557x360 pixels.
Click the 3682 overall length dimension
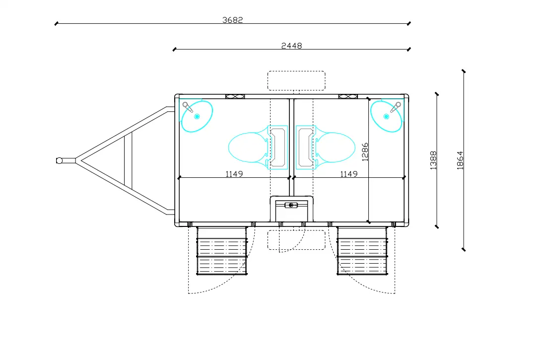(x=233, y=20)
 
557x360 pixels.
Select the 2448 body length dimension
(x=291, y=46)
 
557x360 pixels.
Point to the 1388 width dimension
(x=433, y=160)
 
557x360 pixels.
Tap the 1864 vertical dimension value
(x=460, y=160)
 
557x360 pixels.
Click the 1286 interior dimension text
(x=365, y=152)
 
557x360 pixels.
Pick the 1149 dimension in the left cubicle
(x=234, y=174)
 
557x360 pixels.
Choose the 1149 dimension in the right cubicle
(x=349, y=174)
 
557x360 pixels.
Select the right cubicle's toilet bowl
(x=335, y=147)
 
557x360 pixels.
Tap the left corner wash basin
(x=197, y=116)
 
